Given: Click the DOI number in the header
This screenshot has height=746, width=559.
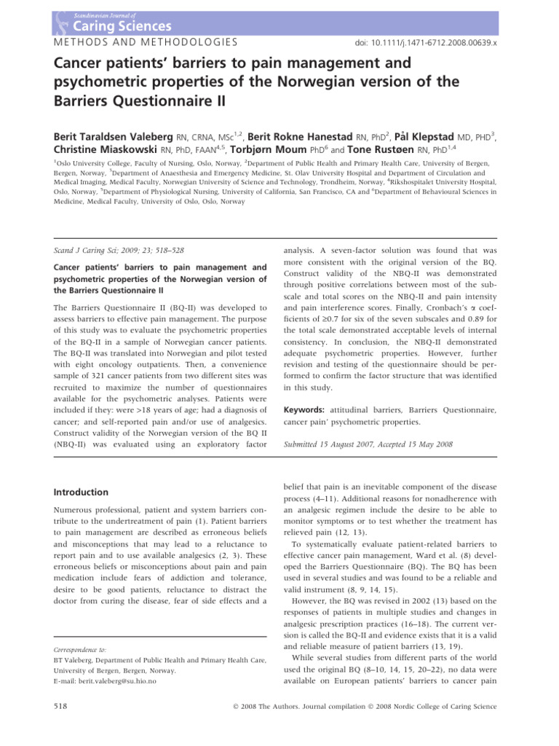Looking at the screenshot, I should (429, 44).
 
